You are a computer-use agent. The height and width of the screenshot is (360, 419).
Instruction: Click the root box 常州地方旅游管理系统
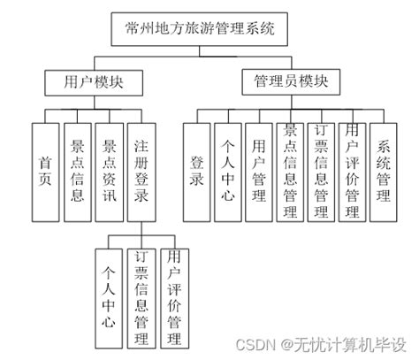pos(202,29)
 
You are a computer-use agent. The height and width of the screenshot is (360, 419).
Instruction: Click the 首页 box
pos(45,165)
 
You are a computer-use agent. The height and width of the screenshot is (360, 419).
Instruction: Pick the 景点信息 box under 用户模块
pos(77,165)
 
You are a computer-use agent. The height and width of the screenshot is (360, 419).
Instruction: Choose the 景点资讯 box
pos(110,165)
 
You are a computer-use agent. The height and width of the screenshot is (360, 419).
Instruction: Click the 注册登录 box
pos(142,165)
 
